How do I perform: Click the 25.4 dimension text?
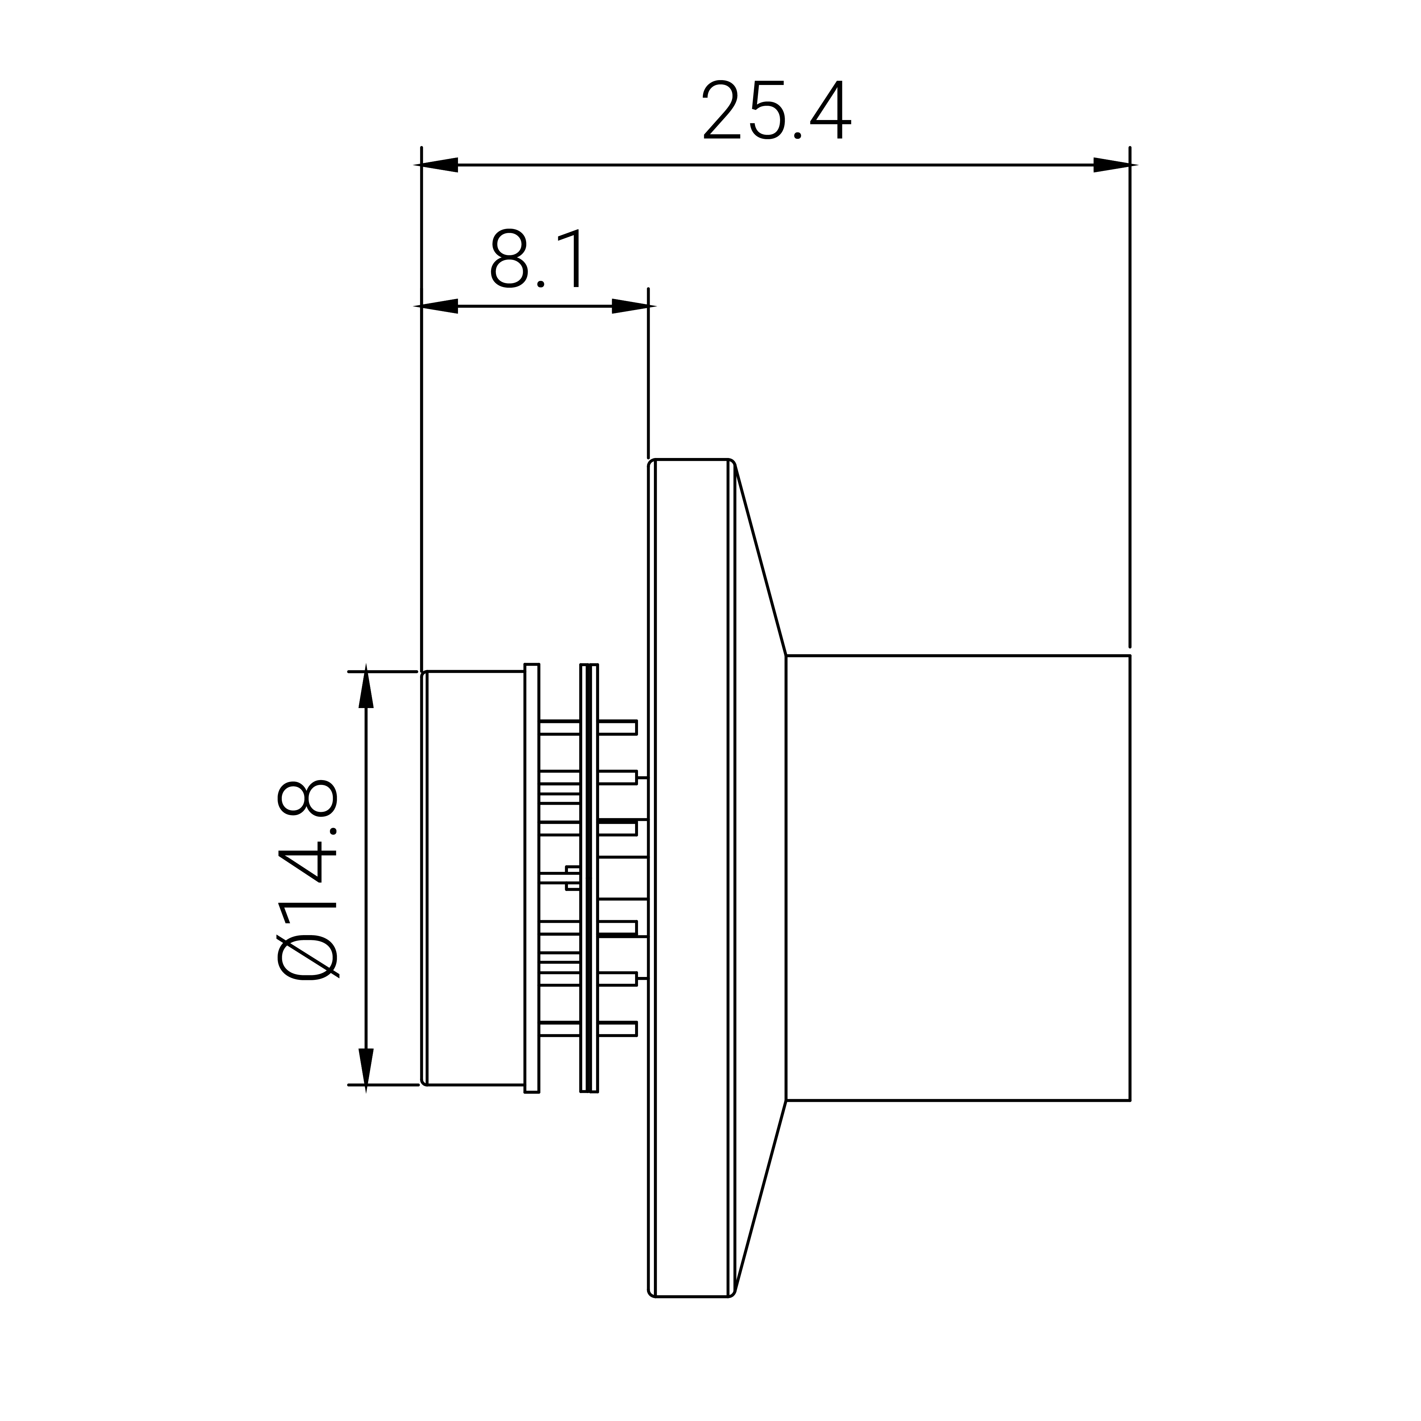click(777, 110)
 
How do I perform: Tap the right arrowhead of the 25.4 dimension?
click(1111, 165)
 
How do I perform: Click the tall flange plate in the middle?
click(692, 877)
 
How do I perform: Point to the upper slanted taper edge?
click(761, 559)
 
